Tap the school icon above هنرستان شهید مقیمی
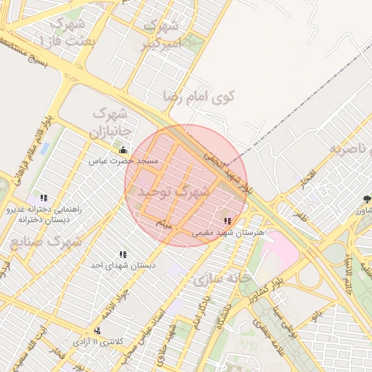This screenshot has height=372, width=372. click(x=227, y=221)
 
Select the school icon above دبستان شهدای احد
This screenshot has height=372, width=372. click(x=123, y=254)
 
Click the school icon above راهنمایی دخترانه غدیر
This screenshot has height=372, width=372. click(x=44, y=197)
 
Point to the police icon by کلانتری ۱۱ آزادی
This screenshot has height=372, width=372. click(x=97, y=331)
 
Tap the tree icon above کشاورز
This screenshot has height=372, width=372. click(x=367, y=198)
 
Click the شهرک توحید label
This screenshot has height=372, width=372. click(x=168, y=192)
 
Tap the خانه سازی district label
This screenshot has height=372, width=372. click(x=222, y=278)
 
